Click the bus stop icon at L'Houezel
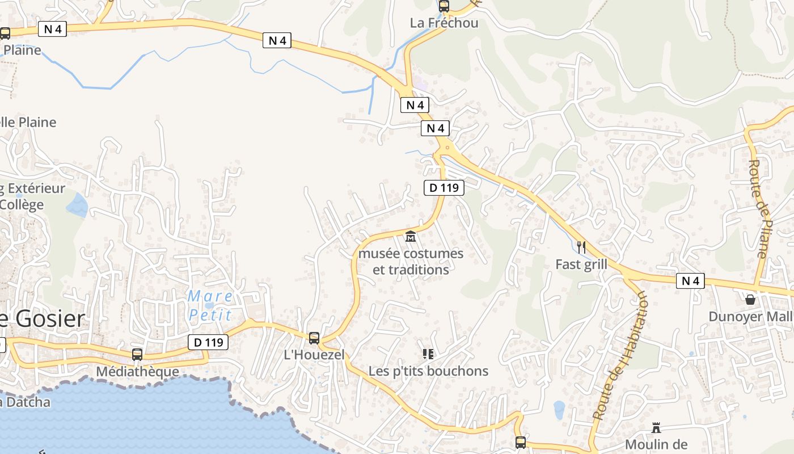314,338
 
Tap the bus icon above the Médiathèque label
137,355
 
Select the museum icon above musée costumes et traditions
411,236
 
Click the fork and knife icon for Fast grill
581,247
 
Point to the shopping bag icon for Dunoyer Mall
750,299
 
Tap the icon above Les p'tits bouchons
428,354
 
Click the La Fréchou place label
444,23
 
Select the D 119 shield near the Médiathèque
208,342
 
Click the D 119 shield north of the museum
444,187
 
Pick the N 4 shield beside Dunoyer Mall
690,281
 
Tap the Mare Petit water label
210,305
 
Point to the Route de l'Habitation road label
620,356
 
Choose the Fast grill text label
581,264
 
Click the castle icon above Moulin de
656,427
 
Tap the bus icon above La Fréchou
444,6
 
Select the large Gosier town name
48,319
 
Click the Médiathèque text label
137,372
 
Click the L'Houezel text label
314,355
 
